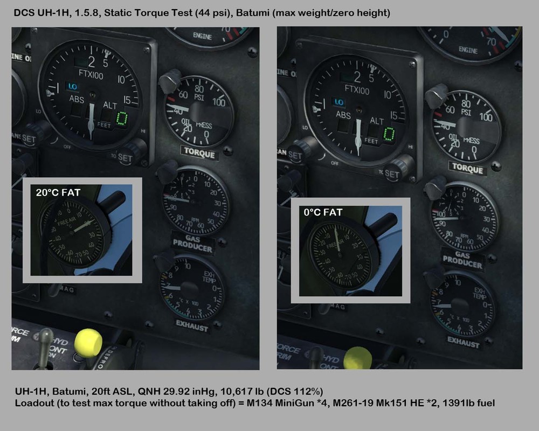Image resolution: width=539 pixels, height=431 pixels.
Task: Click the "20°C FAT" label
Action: [58, 192]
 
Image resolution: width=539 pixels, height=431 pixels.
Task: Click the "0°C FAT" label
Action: [323, 212]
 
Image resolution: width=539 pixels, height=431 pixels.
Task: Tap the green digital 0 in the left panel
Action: [122, 118]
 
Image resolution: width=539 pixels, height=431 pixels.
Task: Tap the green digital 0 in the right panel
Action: [388, 134]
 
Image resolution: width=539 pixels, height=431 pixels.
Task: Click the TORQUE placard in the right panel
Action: [467, 169]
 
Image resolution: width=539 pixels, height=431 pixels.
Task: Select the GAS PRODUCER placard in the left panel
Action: [192, 243]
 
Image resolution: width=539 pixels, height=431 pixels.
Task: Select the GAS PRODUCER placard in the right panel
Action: [462, 260]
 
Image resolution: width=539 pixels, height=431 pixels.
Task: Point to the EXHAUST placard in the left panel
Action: [192, 325]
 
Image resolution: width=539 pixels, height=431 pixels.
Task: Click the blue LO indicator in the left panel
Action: [72, 86]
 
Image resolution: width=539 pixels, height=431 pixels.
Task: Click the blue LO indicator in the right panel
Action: [338, 102]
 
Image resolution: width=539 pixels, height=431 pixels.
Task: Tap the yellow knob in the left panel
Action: [88, 343]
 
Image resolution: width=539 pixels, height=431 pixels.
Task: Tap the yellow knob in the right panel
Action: [358, 358]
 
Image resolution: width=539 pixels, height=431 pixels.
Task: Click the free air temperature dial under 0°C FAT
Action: [340, 254]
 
